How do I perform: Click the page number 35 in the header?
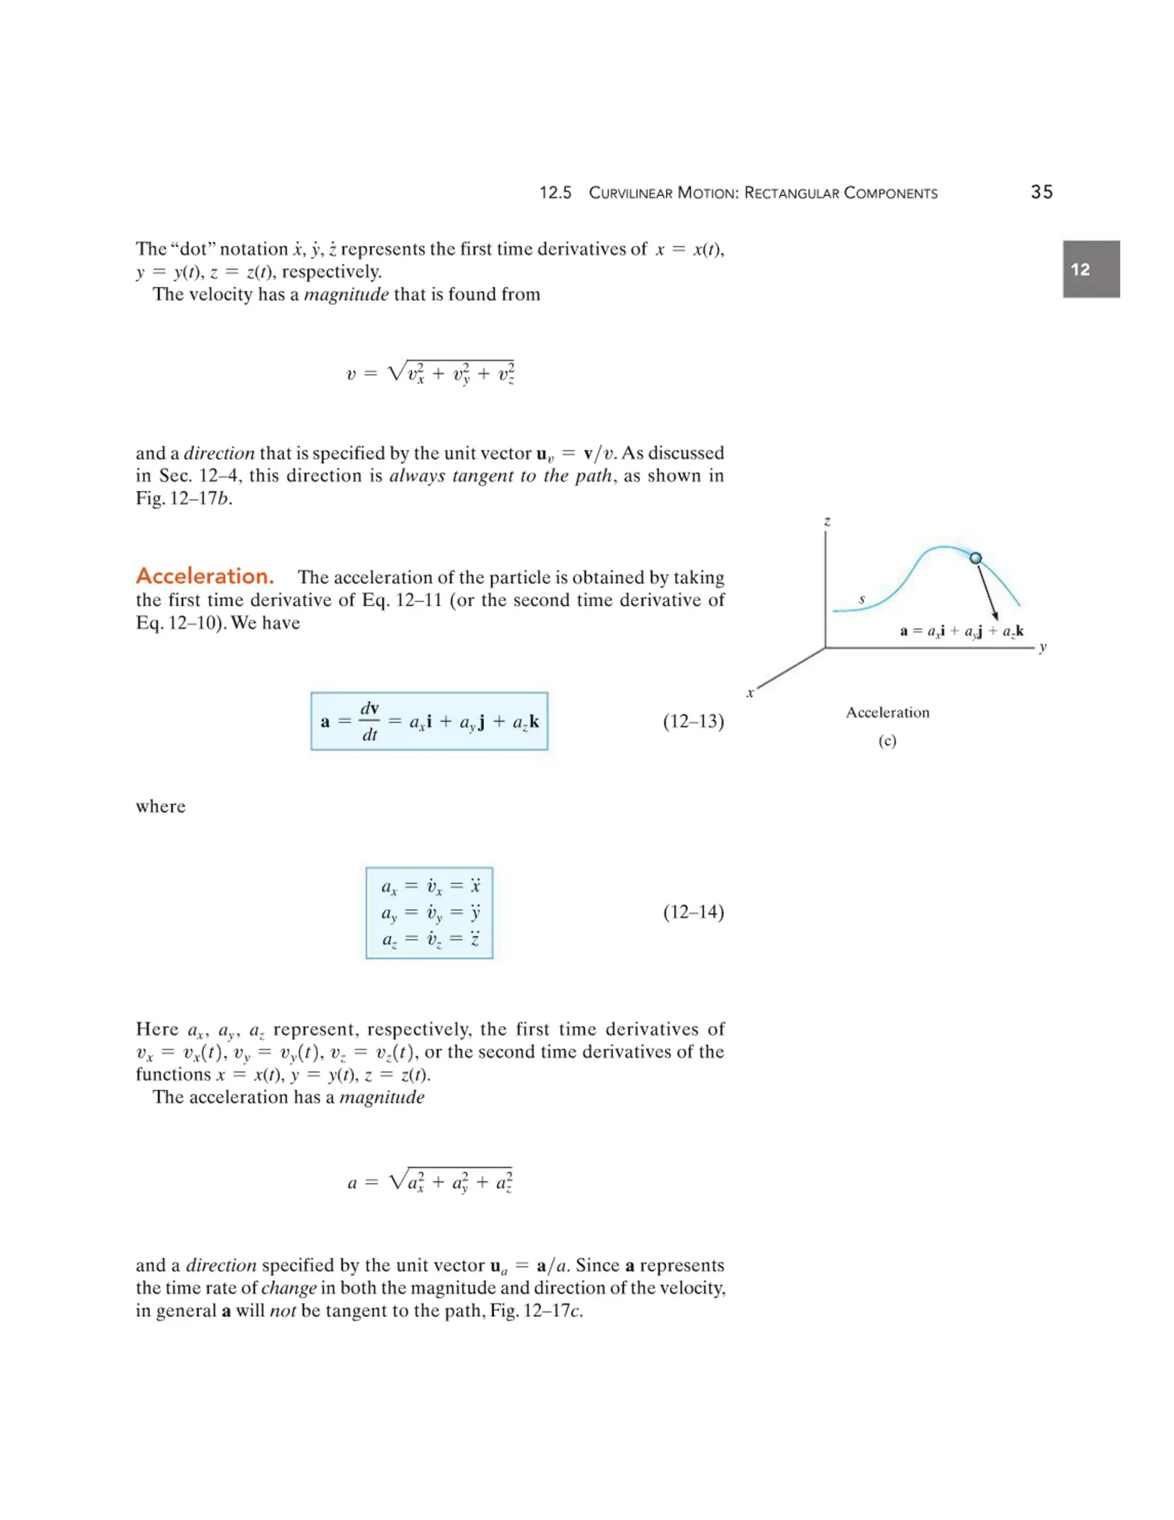pos(1041,192)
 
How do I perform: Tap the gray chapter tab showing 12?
pos(1090,270)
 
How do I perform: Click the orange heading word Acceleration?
pos(205,576)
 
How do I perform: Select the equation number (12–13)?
pos(692,721)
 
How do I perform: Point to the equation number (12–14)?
pos(692,912)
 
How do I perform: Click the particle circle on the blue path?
pos(975,558)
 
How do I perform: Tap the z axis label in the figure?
pos(827,521)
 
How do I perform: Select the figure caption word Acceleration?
pos(887,712)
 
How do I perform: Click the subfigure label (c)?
pos(887,740)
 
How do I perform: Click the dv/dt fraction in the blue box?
pos(369,721)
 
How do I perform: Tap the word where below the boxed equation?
pos(161,806)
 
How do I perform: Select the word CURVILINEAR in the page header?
pos(630,193)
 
